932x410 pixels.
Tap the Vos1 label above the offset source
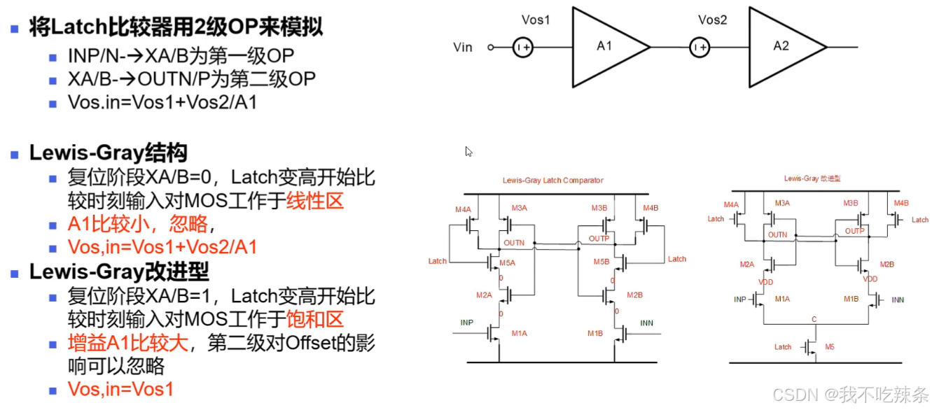coord(536,20)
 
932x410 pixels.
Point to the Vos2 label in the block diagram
coord(712,20)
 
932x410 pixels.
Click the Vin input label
coord(463,48)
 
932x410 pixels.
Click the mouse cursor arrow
coord(468,151)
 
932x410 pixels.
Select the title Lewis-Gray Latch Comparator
coord(552,181)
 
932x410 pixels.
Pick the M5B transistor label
coord(601,262)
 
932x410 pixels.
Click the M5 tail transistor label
coord(830,347)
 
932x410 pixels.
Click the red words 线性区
coord(314,202)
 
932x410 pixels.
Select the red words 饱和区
coord(314,320)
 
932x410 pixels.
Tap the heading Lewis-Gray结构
coord(108,153)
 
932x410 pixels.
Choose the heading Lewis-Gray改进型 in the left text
coord(119,271)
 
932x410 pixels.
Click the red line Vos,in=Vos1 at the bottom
coord(120,389)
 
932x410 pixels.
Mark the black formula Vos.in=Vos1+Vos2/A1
coord(162,103)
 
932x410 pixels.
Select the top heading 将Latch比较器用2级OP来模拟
coord(176,28)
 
